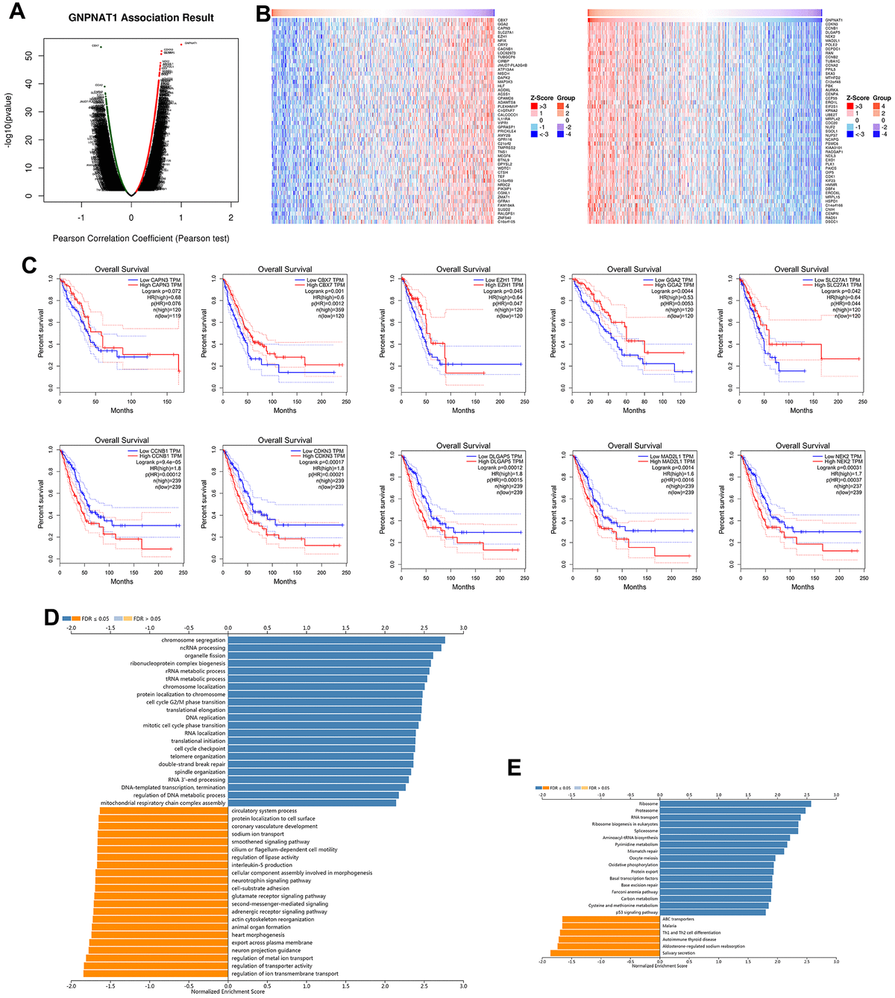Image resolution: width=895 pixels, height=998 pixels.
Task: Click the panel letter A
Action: click(16, 14)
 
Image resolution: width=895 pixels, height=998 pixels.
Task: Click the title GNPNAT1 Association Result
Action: click(141, 17)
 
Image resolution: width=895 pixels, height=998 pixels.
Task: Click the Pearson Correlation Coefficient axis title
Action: click(141, 239)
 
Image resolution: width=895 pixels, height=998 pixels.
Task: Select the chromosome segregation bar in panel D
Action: click(336, 640)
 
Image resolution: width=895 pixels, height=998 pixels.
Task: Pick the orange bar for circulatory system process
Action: click(163, 811)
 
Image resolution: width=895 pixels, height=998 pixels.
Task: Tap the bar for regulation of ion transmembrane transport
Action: click(156, 973)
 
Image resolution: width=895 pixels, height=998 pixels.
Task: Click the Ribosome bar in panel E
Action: click(735, 804)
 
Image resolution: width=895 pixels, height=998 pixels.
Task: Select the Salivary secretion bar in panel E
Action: click(605, 953)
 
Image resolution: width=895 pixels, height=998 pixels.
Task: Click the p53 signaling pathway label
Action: click(636, 912)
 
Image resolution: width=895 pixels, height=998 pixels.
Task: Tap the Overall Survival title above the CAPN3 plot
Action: click(122, 269)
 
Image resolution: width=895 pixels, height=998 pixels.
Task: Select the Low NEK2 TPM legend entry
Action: click(842, 456)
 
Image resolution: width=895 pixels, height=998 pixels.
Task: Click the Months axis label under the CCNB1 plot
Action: click(122, 581)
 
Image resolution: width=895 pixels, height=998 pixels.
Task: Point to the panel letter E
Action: click(514, 768)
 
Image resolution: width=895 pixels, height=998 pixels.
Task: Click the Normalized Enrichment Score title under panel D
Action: click(227, 991)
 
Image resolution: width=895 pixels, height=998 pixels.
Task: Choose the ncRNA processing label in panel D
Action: click(201, 648)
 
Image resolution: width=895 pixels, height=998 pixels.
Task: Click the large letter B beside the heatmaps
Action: click(263, 14)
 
